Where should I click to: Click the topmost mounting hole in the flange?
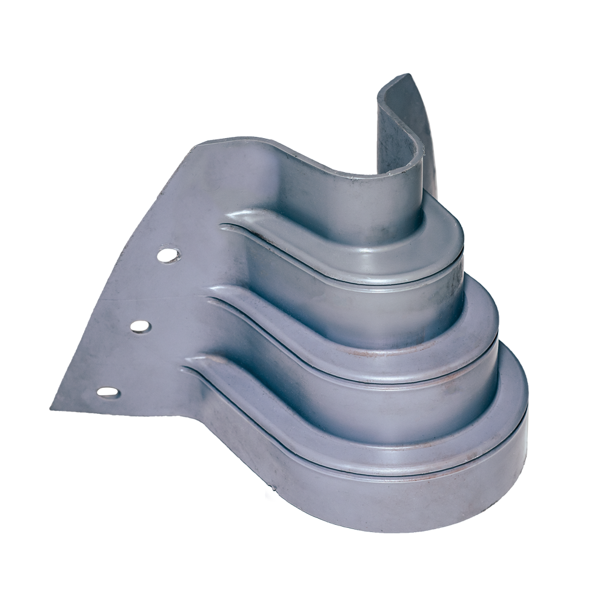(168, 255)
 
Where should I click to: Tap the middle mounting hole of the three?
(140, 326)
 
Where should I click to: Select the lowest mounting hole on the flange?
(108, 392)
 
